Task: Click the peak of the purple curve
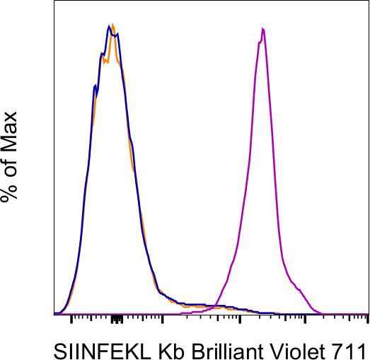tap(263, 29)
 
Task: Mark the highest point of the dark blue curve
tap(109, 25)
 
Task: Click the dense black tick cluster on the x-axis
tap(117, 320)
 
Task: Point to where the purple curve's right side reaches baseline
tap(322, 313)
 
